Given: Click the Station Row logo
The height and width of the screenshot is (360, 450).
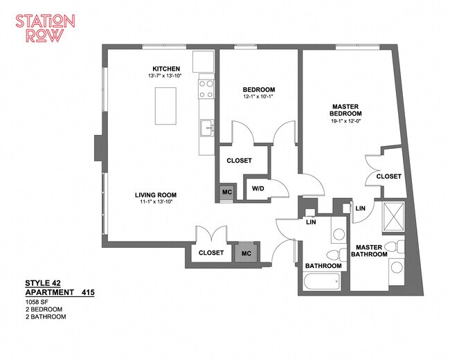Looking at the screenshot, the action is [x=45, y=28].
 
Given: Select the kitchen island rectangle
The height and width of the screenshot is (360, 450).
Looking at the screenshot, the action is [x=165, y=106].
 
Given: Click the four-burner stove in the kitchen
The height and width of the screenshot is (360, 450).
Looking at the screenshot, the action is [x=206, y=89].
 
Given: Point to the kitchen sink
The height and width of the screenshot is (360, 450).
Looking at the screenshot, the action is [x=207, y=128].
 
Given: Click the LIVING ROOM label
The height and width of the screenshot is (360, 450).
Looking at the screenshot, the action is [x=156, y=195].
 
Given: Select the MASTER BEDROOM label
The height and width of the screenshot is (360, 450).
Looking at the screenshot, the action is [x=345, y=110].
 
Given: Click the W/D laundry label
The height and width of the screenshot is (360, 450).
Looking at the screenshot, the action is [x=258, y=188].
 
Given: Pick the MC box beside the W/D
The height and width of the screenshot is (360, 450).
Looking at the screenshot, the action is [x=226, y=192].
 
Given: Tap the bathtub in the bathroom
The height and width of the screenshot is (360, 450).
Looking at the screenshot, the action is [x=322, y=281].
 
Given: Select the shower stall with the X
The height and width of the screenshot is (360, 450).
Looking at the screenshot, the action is [x=395, y=216].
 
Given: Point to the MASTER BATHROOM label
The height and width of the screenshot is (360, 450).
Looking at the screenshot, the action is [x=369, y=251].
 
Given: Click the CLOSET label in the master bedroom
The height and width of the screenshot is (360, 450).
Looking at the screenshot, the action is [x=389, y=177].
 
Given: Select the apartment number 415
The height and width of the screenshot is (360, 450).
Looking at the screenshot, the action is [x=88, y=293].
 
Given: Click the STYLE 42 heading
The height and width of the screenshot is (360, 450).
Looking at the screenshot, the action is [x=43, y=283].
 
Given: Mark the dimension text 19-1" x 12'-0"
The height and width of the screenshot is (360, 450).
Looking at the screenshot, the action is [x=346, y=121].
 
